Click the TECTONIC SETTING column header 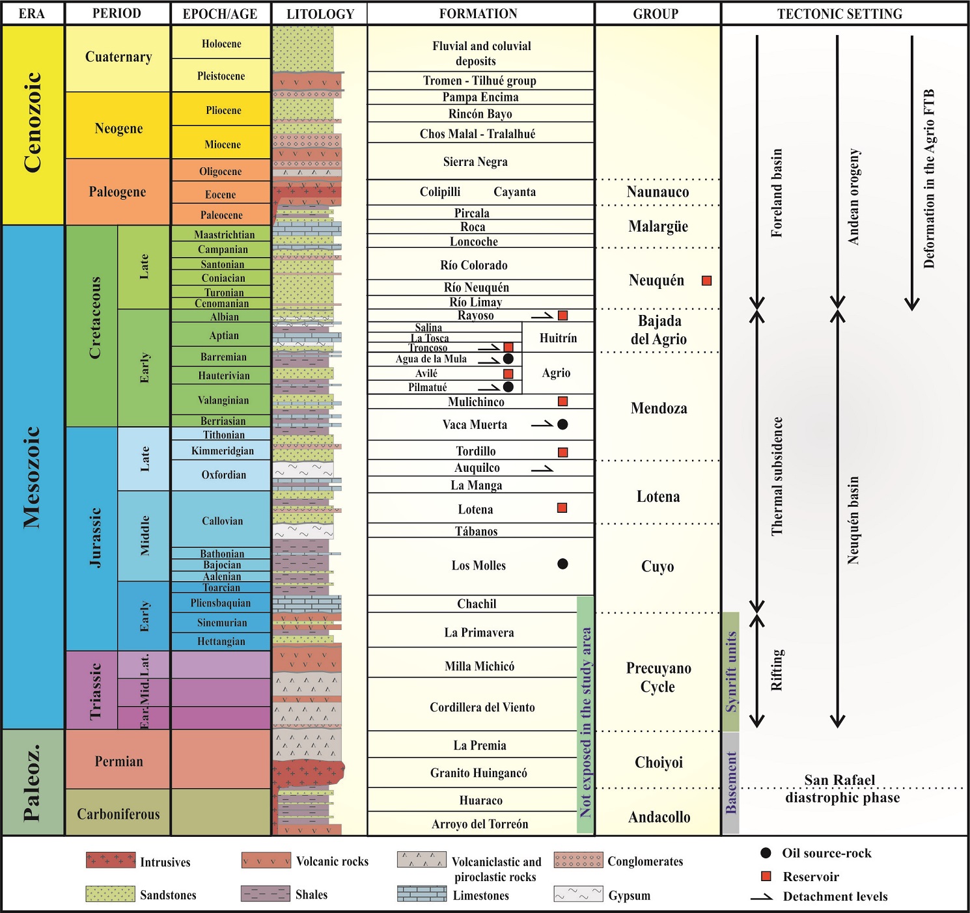[x=839, y=14]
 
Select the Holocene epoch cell [x=221, y=44]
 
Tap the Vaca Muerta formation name [x=475, y=425]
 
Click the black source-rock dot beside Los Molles [x=563, y=564]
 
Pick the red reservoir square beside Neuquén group [x=706, y=280]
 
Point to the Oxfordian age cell [x=223, y=475]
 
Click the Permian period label [x=118, y=761]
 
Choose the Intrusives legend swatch [x=111, y=860]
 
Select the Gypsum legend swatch [x=578, y=894]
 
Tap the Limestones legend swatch [x=422, y=894]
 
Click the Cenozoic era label [x=33, y=122]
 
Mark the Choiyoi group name [x=659, y=763]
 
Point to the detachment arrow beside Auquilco [x=542, y=468]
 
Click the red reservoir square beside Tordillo [x=563, y=452]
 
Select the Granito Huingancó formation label [x=478, y=773]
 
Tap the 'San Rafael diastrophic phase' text [x=842, y=789]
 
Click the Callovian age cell [x=222, y=521]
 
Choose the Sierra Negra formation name [x=475, y=162]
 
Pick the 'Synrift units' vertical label [x=731, y=671]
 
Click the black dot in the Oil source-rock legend [x=766, y=853]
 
